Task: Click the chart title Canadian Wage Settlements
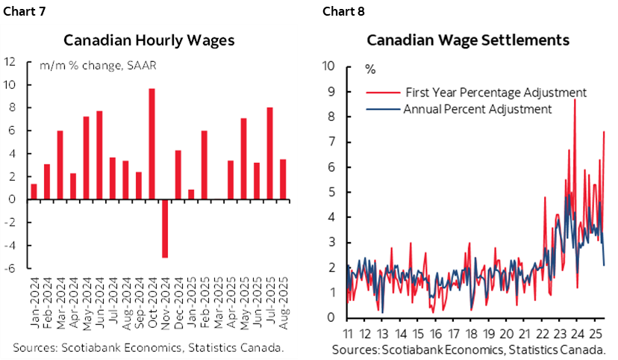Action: coord(468,40)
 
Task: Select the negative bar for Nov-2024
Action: coord(165,229)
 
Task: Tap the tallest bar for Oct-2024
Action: coord(152,144)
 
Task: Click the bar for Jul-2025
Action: coord(269,153)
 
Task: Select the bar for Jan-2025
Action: coord(191,194)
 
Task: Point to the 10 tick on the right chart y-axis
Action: coord(330,66)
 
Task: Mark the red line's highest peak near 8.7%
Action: coord(574,99)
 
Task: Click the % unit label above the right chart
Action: coord(369,69)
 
